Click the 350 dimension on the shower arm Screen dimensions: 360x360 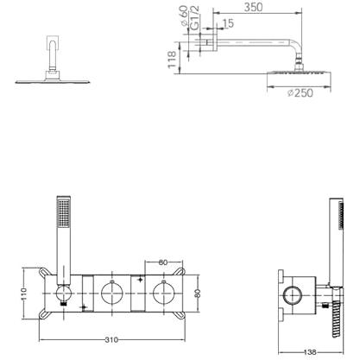(253, 7)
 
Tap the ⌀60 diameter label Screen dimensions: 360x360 (184, 16)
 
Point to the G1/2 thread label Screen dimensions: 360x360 (195, 18)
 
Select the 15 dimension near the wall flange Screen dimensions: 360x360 (229, 23)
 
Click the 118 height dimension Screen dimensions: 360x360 (172, 60)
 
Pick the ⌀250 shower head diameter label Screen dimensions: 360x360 (300, 93)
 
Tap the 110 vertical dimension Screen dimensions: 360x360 (24, 294)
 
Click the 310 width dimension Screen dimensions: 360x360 (111, 340)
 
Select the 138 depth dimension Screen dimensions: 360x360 (310, 352)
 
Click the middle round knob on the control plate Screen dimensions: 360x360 (112, 293)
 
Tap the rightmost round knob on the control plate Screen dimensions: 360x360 (164, 293)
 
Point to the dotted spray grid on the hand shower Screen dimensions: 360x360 (64, 213)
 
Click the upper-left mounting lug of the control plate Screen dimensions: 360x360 (44, 272)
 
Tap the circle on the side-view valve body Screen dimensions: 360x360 (293, 296)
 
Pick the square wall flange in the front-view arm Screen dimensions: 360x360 (54, 42)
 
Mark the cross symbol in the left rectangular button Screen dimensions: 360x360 (85, 307)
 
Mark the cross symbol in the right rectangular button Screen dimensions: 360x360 (140, 279)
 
